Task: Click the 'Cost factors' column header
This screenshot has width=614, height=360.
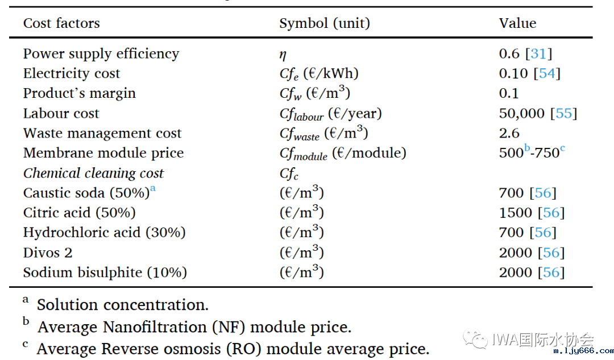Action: tap(61, 23)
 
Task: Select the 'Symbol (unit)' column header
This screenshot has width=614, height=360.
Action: tap(325, 23)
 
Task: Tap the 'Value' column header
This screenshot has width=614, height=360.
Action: tap(517, 23)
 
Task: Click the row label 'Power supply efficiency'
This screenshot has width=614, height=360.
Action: tap(101, 54)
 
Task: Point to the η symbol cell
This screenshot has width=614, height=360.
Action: tap(283, 55)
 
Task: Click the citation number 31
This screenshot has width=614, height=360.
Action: tap(538, 54)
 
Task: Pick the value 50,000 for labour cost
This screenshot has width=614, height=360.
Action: tap(521, 114)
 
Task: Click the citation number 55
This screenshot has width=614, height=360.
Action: tap(563, 114)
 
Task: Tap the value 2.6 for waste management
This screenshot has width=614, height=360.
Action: tap(509, 134)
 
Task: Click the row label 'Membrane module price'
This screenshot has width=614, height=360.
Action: tap(103, 153)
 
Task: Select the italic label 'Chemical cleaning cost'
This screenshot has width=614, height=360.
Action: tap(93, 173)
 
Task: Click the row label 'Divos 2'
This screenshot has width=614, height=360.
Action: tap(48, 253)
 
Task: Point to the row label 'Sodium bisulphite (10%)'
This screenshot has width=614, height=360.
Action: tap(105, 272)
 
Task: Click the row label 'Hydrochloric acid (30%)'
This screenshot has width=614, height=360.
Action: tap(105, 233)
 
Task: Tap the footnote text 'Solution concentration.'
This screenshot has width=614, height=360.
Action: tap(123, 305)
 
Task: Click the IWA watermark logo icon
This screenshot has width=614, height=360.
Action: tap(475, 340)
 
